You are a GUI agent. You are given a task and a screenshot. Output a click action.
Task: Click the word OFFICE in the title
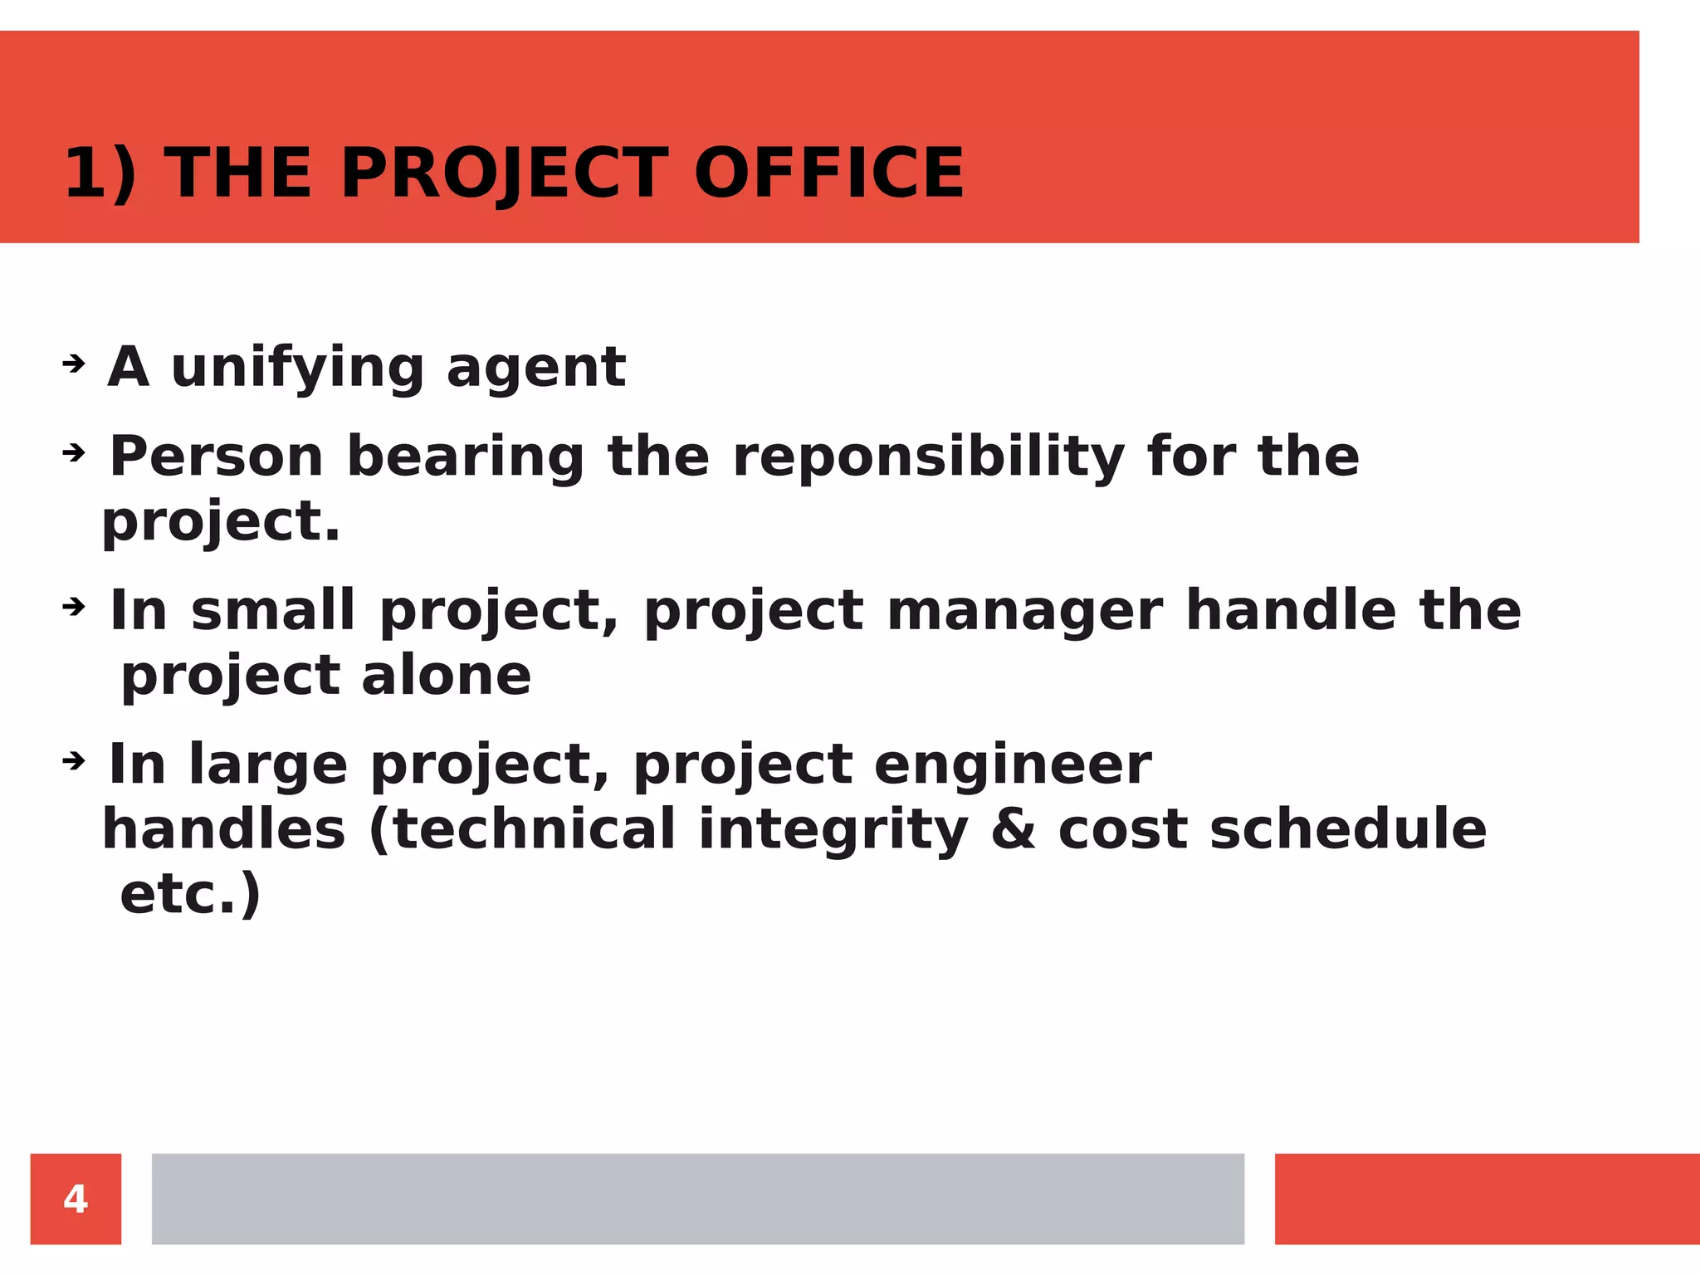[x=828, y=173]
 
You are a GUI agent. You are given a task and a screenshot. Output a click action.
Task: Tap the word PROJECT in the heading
[x=504, y=173]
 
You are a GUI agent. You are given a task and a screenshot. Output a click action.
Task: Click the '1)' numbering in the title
[x=100, y=173]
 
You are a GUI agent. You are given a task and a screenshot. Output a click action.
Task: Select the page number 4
[x=76, y=1199]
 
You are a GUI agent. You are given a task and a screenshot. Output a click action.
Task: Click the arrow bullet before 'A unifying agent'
[x=74, y=363]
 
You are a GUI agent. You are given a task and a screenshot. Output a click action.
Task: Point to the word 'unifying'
[x=297, y=367]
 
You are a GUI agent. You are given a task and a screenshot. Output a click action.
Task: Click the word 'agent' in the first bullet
[x=535, y=367]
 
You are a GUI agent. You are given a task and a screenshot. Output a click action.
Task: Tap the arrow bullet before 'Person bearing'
[x=74, y=452]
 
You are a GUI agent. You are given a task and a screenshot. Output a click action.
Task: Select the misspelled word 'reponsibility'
[x=928, y=457]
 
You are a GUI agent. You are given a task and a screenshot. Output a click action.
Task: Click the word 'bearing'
[x=466, y=457]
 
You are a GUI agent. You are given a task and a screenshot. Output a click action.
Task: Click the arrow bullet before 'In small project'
[x=74, y=607]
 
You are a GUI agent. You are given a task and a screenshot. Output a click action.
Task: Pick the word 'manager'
[x=1024, y=611]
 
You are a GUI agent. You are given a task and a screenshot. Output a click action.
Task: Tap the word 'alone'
[x=446, y=675]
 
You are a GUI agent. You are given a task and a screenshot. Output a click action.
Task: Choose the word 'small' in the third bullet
[x=273, y=611]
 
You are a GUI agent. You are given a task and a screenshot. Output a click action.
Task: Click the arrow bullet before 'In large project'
[x=74, y=760]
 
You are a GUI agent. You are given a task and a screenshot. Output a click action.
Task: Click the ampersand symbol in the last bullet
[x=1013, y=829]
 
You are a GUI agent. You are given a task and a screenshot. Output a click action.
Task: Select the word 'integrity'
[x=833, y=829]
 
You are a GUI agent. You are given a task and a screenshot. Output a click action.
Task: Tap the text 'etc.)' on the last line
[x=190, y=894]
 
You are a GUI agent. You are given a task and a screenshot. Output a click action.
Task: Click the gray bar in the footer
[x=697, y=1199]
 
